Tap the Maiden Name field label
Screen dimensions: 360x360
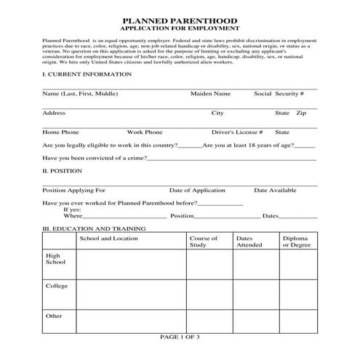(210, 95)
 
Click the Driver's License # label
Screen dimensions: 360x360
(237, 132)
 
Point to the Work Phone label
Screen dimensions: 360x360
(145, 132)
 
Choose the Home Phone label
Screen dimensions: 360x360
(60, 132)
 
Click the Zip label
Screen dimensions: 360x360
(301, 113)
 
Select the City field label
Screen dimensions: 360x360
(217, 113)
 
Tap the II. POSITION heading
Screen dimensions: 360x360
(62, 172)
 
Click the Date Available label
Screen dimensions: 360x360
(275, 190)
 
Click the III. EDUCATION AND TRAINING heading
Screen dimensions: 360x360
(95, 228)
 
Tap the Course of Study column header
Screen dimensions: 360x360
(203, 241)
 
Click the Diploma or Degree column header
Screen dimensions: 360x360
(296, 241)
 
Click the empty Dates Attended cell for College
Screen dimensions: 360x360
(254, 294)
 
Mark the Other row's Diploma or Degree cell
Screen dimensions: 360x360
(297, 321)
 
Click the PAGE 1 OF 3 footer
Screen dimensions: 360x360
(179, 337)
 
